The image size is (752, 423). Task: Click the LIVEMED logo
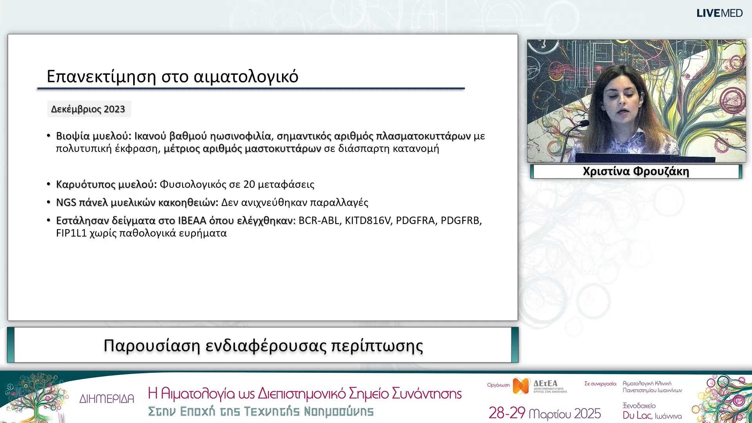[x=719, y=13]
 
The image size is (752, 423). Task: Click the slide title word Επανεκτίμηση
[x=101, y=76]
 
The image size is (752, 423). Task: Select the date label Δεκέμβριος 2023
[x=88, y=109]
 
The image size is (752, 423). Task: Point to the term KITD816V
[x=367, y=221]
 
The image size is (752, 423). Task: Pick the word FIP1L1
[x=71, y=233]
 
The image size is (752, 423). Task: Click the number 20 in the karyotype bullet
[x=249, y=184]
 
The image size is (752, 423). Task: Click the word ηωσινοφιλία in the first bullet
[x=240, y=136]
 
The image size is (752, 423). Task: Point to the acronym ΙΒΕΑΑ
[x=192, y=221]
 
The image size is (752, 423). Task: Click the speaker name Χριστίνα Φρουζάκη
[x=636, y=172]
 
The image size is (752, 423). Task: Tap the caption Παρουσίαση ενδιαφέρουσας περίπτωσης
[x=263, y=345]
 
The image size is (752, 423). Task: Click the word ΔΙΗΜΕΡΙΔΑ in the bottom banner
[x=107, y=399]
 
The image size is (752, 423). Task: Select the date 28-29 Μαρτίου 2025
[x=544, y=413]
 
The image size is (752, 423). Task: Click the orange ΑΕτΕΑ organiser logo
[x=521, y=386]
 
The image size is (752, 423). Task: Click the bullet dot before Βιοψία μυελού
[x=49, y=136]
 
